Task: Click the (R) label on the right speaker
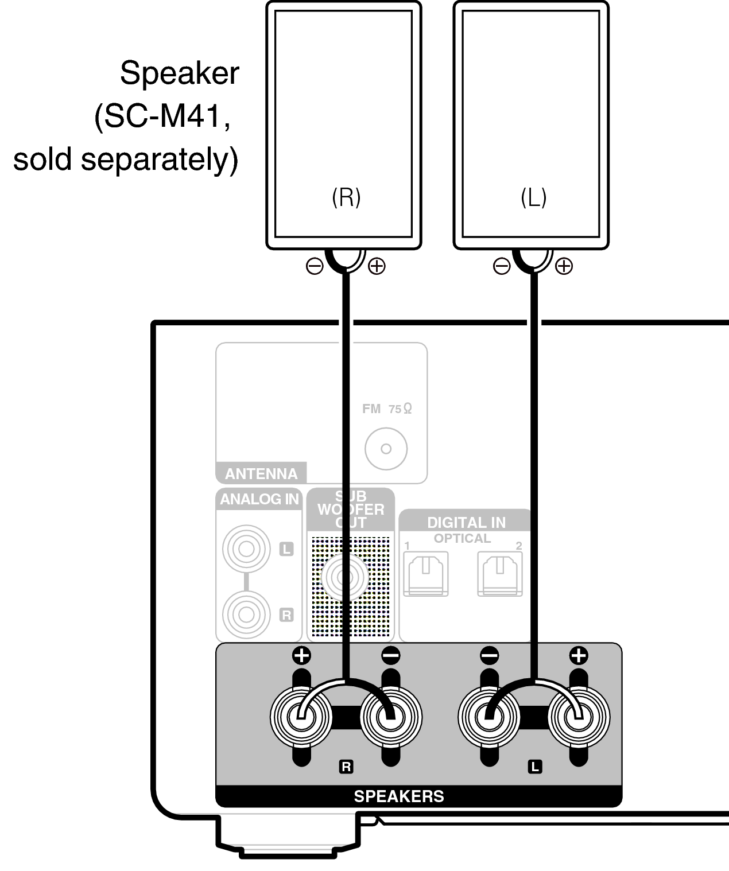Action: (x=346, y=197)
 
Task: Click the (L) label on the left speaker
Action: (x=533, y=197)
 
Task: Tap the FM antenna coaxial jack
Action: (x=386, y=449)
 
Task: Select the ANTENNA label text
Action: (x=261, y=474)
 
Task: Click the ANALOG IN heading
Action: (x=259, y=499)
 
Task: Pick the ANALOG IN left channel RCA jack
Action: (x=246, y=549)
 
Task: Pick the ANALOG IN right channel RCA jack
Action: (x=246, y=615)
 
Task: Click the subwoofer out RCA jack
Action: (x=344, y=577)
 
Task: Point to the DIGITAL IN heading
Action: (x=466, y=522)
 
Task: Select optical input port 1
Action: (x=426, y=573)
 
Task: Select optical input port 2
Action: (x=500, y=573)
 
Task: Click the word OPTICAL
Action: (x=462, y=538)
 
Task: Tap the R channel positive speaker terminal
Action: (x=301, y=717)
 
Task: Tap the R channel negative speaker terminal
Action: (x=391, y=717)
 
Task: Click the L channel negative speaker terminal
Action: (x=489, y=717)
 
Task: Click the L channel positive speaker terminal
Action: (x=579, y=717)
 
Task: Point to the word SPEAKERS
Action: (x=399, y=796)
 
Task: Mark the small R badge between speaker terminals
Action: (x=346, y=767)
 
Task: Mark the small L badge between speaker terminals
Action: (x=534, y=767)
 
